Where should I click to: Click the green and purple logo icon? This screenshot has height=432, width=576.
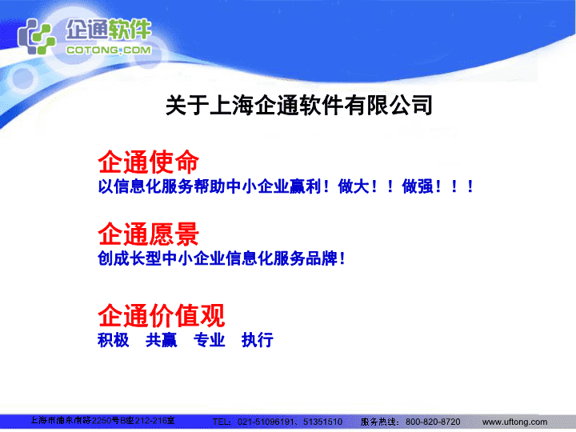point(36,37)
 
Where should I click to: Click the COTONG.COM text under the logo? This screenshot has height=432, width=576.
point(109,50)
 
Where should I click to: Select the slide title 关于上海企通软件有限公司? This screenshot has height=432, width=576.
point(299,106)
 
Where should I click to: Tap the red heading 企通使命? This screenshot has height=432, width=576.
point(149,162)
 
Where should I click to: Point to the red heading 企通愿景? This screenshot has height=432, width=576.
point(149,234)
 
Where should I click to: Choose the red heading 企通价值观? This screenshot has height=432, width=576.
point(162,315)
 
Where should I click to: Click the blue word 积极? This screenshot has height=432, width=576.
point(114,340)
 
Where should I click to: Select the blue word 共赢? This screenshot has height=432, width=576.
point(162,340)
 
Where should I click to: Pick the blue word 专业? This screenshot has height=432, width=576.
point(210,340)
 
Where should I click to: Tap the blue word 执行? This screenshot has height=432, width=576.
point(258,340)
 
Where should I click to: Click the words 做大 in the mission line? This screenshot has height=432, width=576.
point(354,186)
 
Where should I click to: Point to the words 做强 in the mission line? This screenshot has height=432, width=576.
point(418,186)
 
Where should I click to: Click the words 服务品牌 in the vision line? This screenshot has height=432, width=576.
point(306,258)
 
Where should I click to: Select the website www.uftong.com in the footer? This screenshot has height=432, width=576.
point(514,422)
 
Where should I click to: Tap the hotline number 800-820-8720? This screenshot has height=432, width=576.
point(433,422)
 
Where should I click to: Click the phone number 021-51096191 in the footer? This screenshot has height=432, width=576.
point(266,422)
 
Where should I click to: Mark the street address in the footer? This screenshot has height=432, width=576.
point(102,420)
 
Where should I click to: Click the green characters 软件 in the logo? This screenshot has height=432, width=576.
point(130,29)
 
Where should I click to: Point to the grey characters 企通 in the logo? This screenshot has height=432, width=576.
point(87,29)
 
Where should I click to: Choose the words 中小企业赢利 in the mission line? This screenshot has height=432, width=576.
point(274,186)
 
